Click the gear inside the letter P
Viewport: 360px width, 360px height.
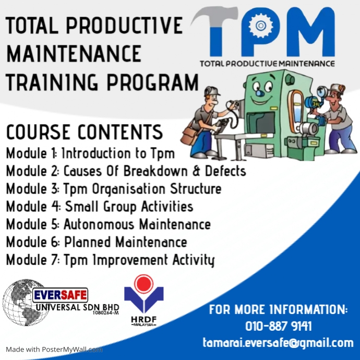pos(258,25)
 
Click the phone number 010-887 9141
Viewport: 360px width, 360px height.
pos(278,327)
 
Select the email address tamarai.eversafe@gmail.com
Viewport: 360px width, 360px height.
pos(278,343)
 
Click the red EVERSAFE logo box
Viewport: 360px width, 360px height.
pos(60,295)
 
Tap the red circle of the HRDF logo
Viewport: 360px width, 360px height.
pos(142,284)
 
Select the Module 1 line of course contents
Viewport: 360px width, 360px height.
pos(90,153)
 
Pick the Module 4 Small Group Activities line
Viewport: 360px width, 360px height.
pos(100,207)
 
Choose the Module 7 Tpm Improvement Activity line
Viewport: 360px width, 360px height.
pos(110,260)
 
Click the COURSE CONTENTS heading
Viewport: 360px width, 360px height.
pos(84,131)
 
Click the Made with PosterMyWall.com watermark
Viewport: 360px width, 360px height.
pos(54,350)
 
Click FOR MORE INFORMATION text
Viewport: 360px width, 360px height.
pos(278,310)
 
